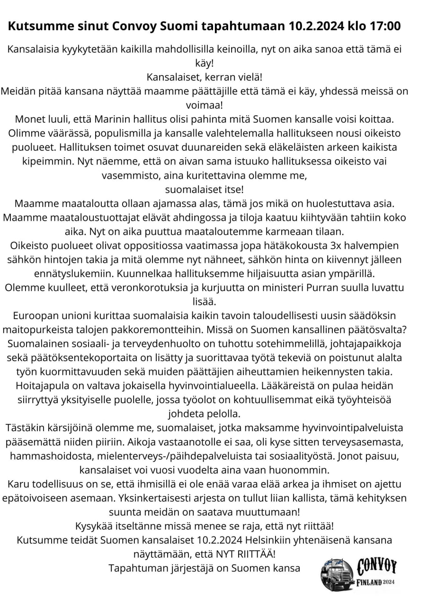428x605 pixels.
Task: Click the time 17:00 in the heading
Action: pos(384,26)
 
